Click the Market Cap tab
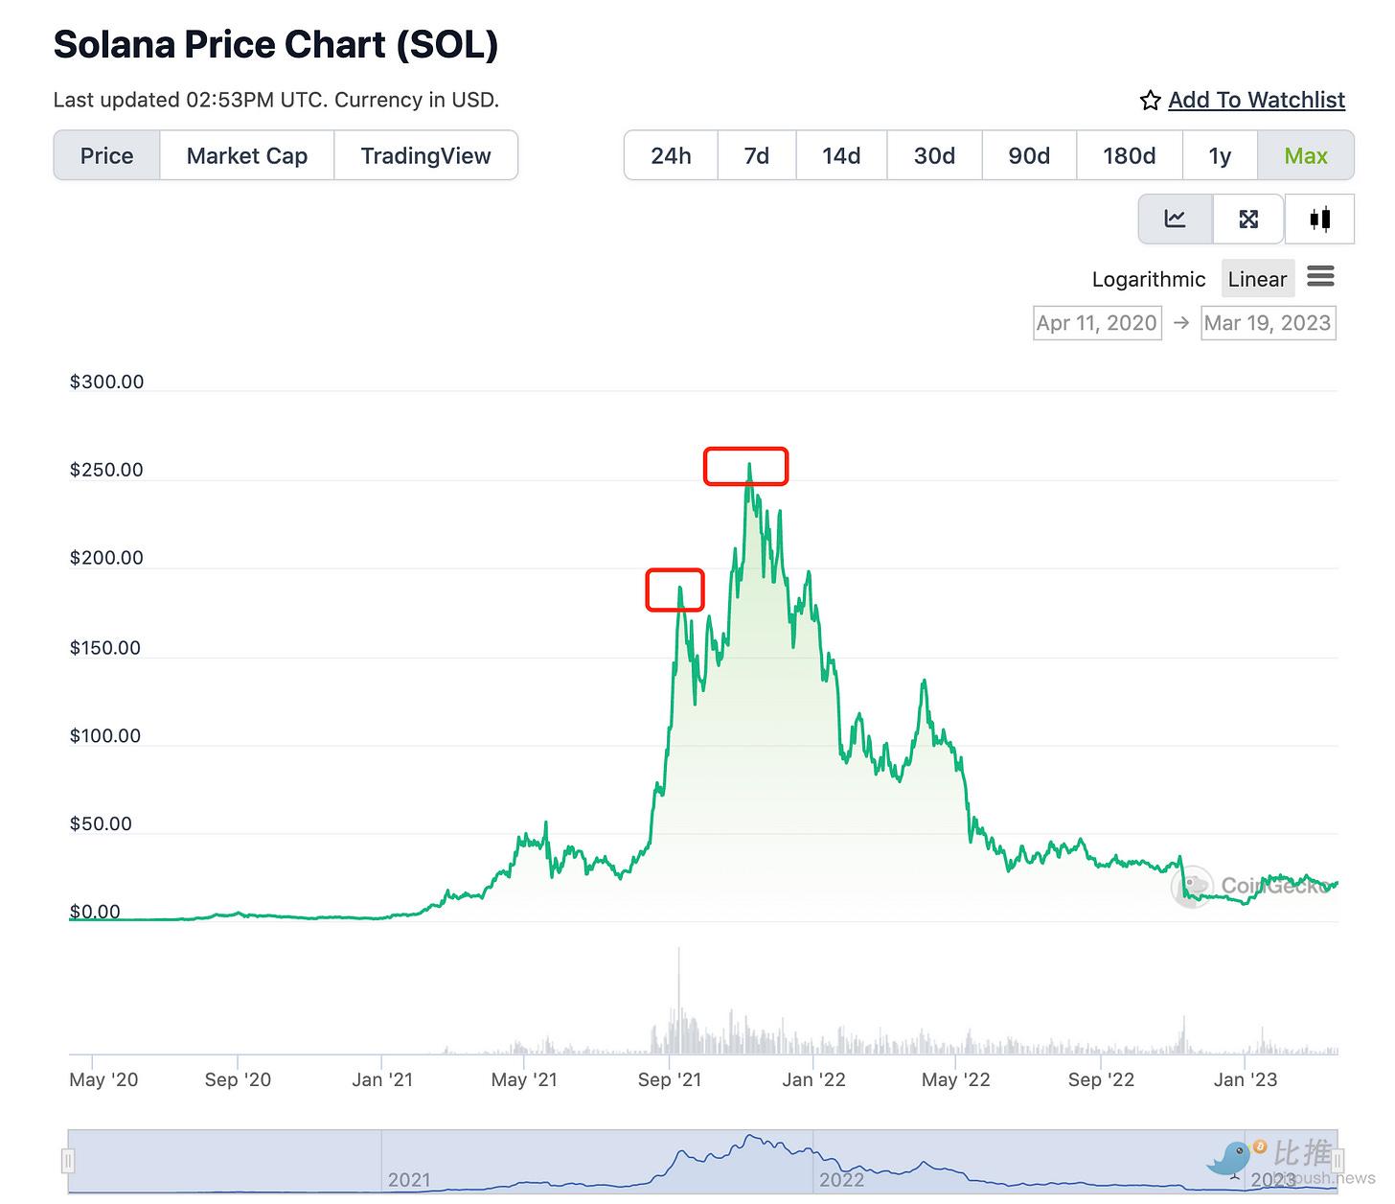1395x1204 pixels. [x=246, y=155]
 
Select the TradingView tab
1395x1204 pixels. [x=425, y=155]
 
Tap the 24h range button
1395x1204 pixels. [x=671, y=155]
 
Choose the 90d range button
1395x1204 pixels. [x=1029, y=155]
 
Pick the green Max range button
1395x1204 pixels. [x=1305, y=155]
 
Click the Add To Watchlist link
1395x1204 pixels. [x=1256, y=100]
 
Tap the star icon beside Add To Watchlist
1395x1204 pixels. [x=1151, y=101]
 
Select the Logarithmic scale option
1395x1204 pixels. [x=1149, y=279]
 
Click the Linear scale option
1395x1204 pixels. [x=1257, y=279]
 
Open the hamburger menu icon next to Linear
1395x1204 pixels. [x=1320, y=277]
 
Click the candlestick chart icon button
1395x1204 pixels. [x=1319, y=219]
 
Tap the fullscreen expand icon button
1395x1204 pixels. [x=1248, y=219]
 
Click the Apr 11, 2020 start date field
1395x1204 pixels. [x=1097, y=323]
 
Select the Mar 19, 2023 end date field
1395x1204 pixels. [x=1268, y=323]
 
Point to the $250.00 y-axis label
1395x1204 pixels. [x=106, y=470]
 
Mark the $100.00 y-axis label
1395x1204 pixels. [x=105, y=736]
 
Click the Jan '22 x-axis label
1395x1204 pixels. [x=813, y=1079]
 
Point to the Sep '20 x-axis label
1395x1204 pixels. [x=238, y=1079]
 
